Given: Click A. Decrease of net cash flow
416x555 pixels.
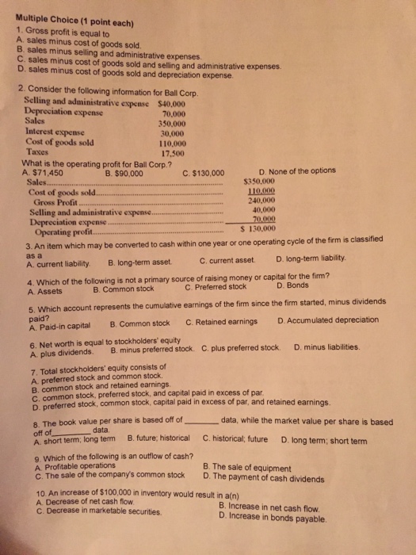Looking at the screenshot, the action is (86, 504).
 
